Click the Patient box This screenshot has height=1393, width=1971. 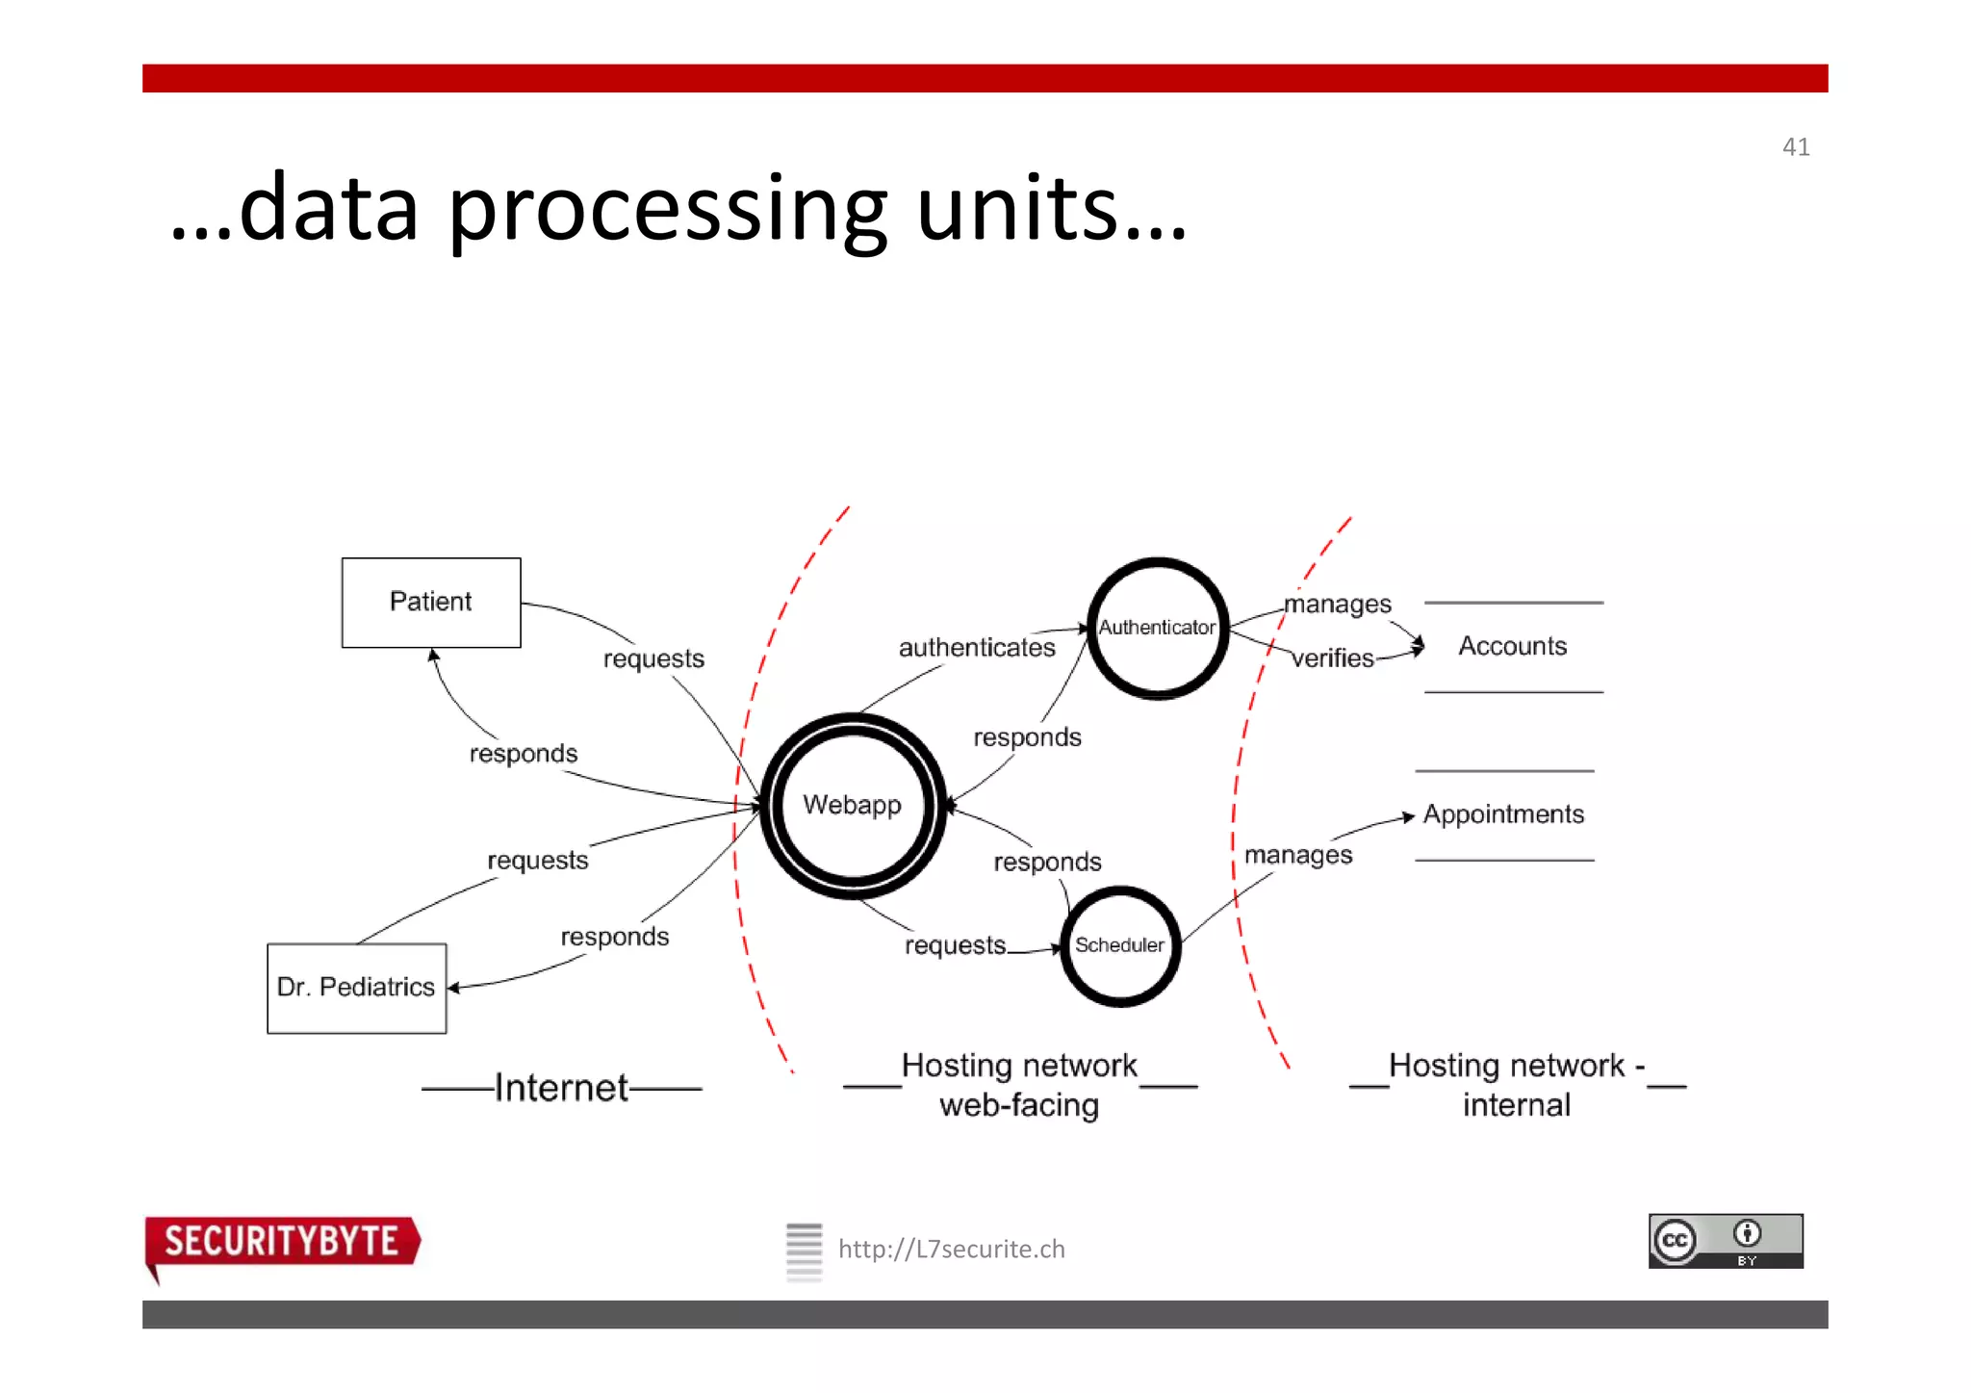(431, 603)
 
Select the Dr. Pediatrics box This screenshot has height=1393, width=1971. (356, 988)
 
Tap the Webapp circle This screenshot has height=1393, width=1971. (853, 805)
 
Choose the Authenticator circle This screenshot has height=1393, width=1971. (1158, 628)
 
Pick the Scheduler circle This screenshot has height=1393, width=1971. (1119, 945)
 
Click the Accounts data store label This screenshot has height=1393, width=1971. (1513, 646)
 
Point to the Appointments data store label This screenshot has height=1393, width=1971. (1503, 814)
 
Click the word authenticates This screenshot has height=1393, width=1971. (977, 648)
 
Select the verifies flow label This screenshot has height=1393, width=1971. (1333, 658)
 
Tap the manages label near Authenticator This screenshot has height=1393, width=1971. (1338, 605)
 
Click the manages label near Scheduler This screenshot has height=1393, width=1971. (1298, 855)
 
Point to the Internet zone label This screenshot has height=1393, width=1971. (562, 1088)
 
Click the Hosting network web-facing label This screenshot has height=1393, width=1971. (1019, 1085)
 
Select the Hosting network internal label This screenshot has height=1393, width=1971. (1517, 1085)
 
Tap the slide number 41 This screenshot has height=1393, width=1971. (1796, 147)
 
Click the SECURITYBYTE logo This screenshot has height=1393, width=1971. (282, 1242)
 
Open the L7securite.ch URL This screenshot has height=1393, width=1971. (951, 1250)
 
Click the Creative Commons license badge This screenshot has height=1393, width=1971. (1726, 1241)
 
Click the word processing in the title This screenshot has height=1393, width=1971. (667, 209)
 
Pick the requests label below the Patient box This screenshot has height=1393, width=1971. (653, 659)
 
